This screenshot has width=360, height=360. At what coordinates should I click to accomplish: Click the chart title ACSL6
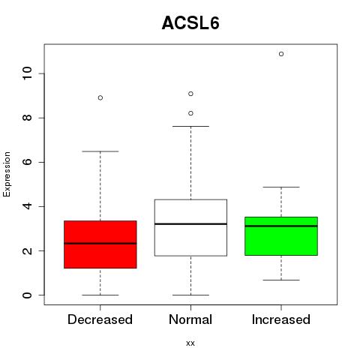(x=190, y=23)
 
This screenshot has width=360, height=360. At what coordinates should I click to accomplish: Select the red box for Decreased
(x=100, y=244)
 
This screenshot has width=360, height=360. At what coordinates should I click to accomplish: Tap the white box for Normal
(x=190, y=228)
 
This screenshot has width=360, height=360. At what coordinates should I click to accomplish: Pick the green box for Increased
(x=281, y=236)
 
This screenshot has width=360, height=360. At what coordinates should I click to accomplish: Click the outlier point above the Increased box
(x=281, y=54)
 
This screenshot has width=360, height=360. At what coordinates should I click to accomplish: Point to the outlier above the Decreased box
(x=100, y=97)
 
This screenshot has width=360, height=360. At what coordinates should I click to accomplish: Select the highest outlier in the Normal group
(x=190, y=94)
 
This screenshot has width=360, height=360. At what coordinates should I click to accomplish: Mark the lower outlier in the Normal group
(x=190, y=113)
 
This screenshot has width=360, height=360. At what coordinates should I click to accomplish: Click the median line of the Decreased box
(x=100, y=243)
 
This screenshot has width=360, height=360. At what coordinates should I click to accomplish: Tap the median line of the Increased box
(x=281, y=226)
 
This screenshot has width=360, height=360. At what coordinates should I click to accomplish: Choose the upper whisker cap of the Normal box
(x=190, y=127)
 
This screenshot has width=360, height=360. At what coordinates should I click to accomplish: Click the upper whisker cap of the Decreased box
(x=100, y=151)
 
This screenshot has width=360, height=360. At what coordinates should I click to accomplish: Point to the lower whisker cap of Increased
(x=281, y=280)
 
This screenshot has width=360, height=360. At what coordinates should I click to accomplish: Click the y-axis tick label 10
(x=28, y=73)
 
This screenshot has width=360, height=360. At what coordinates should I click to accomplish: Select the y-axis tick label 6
(x=28, y=162)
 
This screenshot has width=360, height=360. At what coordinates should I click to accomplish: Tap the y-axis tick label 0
(x=28, y=295)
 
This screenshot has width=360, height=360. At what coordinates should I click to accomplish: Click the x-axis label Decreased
(x=100, y=319)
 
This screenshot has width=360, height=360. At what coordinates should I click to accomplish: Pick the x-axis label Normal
(x=190, y=319)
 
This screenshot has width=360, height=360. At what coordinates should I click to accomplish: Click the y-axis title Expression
(x=7, y=174)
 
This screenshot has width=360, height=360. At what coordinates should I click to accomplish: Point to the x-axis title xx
(x=190, y=343)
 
